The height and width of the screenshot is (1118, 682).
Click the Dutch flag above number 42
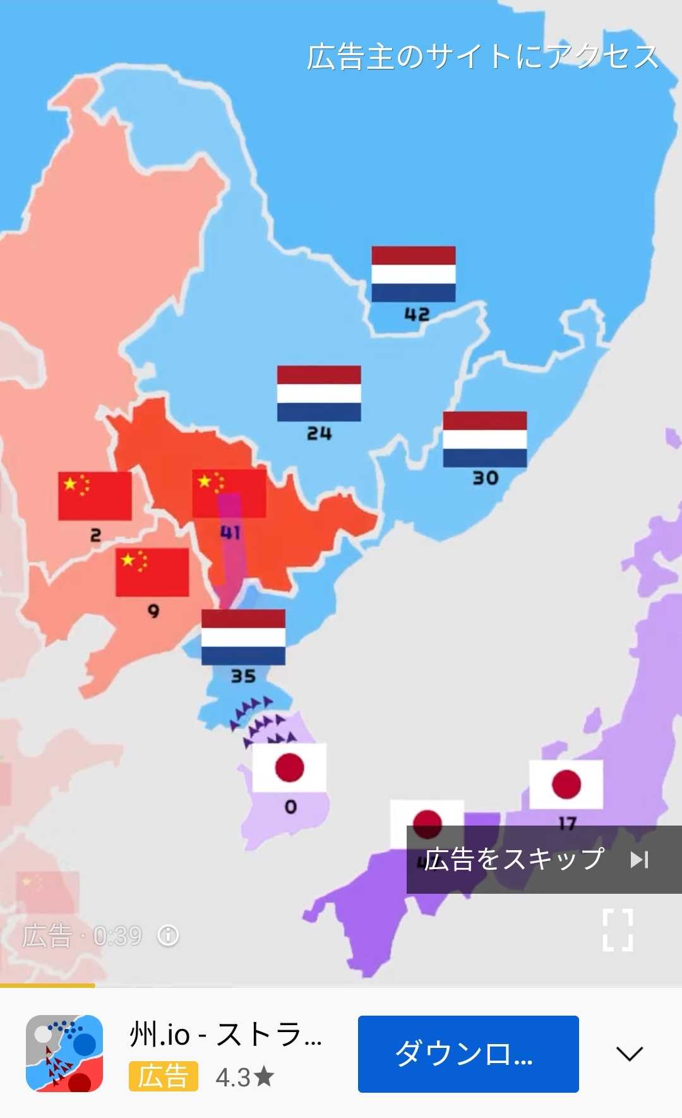[413, 274]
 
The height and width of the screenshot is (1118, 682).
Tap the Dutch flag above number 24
[319, 393]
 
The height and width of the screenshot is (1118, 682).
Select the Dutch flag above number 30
[484, 439]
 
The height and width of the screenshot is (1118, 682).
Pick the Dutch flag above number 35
[243, 637]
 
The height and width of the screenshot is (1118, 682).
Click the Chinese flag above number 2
[95, 496]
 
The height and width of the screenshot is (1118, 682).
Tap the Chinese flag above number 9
[152, 572]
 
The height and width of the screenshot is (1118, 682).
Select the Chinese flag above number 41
[229, 493]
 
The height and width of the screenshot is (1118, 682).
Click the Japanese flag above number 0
[289, 767]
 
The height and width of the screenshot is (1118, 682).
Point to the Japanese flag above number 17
[566, 784]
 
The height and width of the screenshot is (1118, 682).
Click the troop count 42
[417, 314]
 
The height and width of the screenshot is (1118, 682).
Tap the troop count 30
[485, 478]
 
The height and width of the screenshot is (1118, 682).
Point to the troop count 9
[153, 611]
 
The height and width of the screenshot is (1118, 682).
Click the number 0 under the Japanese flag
[290, 807]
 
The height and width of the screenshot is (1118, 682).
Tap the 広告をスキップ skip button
[543, 859]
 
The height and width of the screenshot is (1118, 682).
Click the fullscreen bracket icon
[618, 930]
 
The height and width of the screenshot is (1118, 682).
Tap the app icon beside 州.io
[64, 1053]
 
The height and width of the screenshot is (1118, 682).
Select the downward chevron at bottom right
[629, 1053]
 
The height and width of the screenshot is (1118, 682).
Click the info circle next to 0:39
[168, 935]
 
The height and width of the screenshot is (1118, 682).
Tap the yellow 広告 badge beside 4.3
[163, 1076]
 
